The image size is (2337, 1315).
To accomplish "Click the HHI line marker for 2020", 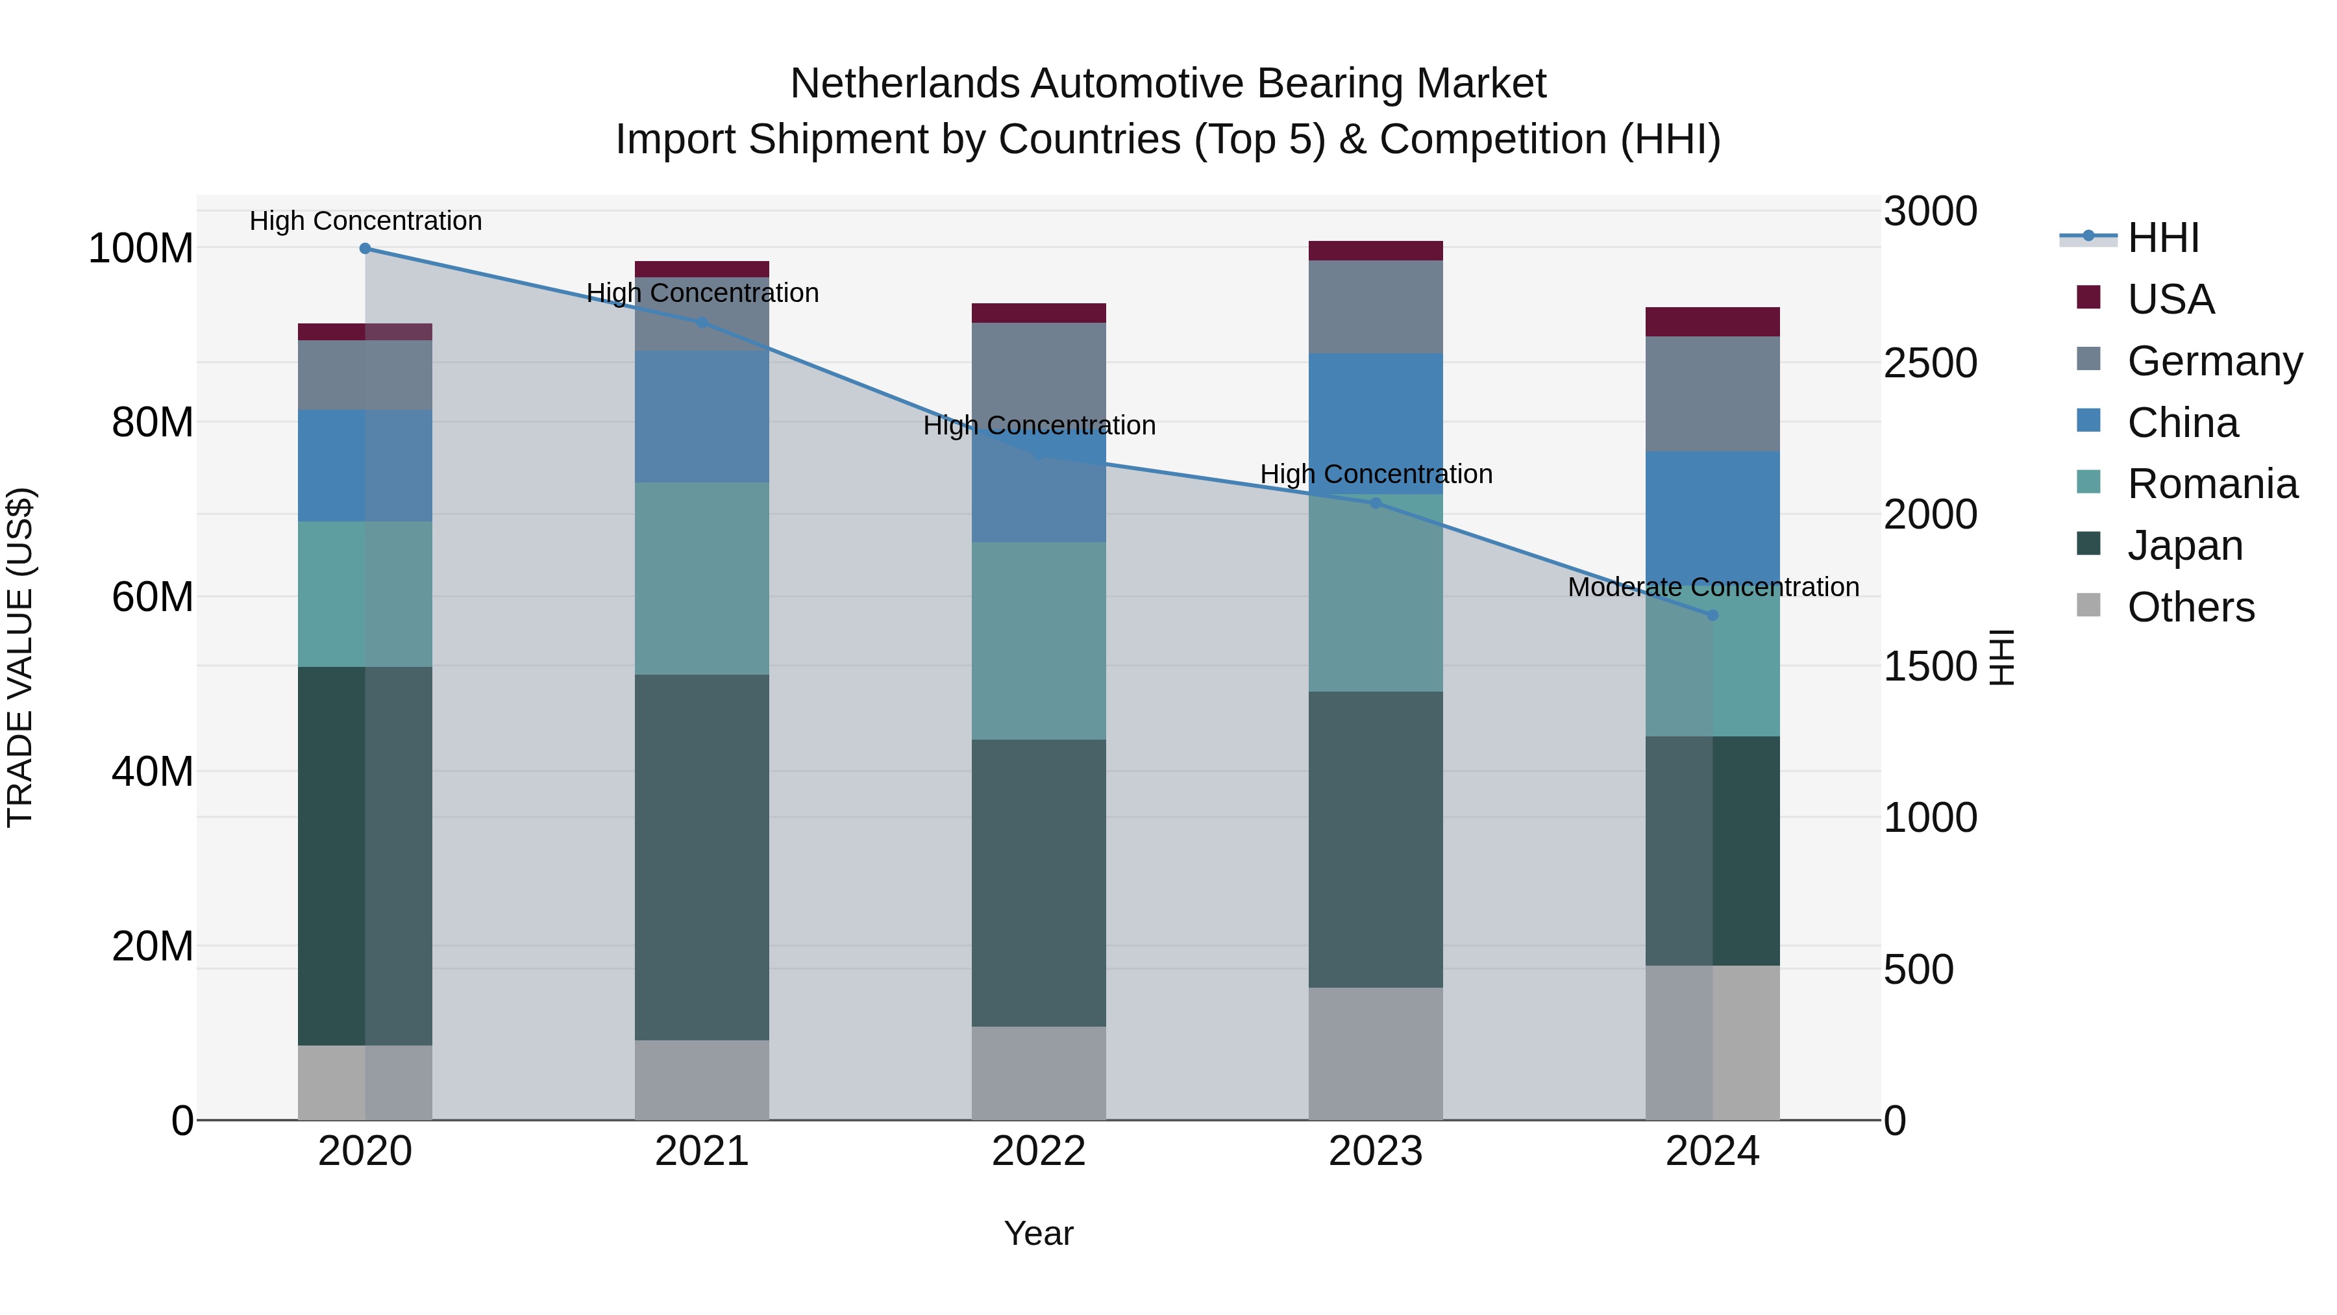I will pos(365,248).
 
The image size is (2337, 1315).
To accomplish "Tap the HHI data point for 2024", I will pos(1712,616).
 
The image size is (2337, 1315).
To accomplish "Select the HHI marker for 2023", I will pos(1376,503).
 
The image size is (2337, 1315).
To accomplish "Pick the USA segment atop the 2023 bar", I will pos(1376,251).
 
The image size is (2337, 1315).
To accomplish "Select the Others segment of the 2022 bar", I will pos(1039,1073).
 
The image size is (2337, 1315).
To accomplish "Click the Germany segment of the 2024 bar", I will pos(1712,394).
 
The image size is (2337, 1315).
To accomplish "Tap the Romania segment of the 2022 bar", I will pos(1039,641).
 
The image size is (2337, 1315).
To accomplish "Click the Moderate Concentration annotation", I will pos(1712,587).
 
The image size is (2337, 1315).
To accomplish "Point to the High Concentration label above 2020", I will pos(365,221).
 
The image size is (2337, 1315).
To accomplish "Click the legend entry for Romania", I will pos(2212,484).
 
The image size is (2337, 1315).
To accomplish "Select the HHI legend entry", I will pos(2163,238).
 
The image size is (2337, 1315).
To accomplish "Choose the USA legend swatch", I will pos(2088,297).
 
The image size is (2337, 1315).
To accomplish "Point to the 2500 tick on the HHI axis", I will pos(1930,363).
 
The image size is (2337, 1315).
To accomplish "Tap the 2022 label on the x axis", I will pos(1039,1151).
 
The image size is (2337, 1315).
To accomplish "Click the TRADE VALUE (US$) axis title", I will pos(20,657).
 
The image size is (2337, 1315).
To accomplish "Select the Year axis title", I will pos(1039,1233).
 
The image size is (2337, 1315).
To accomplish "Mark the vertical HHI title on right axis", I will pos(2001,657).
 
